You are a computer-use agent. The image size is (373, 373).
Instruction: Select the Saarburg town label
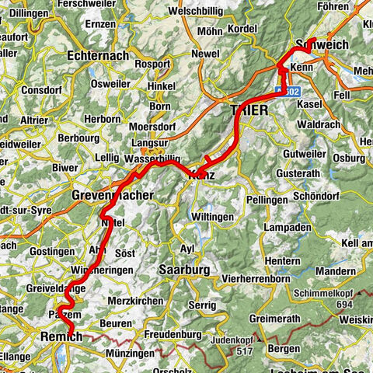point(183,270)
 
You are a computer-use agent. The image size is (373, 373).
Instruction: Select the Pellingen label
point(269,200)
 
